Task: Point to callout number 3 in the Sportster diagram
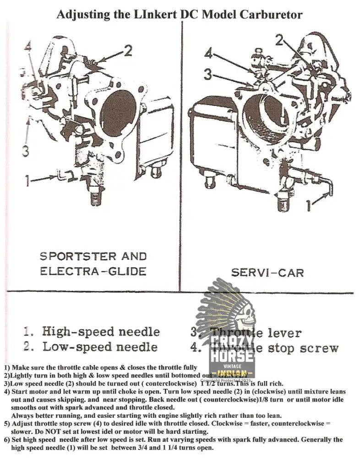pos(26,150)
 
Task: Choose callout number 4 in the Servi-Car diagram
pos(208,54)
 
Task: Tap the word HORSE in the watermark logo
pos(232,355)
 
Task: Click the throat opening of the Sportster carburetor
pos(119,113)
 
